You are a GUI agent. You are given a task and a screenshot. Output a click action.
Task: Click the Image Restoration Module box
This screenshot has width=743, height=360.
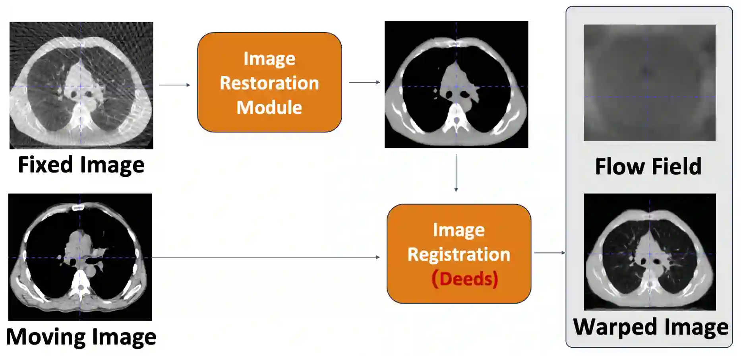[x=269, y=82]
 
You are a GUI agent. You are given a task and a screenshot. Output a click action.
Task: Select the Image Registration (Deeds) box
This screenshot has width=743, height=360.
[x=459, y=254]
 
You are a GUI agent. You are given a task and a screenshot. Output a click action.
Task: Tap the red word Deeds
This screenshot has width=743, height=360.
[x=464, y=279]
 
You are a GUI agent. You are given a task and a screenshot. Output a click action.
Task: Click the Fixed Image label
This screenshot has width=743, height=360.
[x=81, y=165]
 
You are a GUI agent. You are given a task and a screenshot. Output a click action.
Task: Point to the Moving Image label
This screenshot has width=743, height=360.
[x=81, y=337]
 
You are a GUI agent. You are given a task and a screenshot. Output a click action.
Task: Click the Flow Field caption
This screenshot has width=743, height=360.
[x=648, y=166]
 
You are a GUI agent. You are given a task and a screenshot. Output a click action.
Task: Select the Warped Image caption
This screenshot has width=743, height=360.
[x=650, y=327]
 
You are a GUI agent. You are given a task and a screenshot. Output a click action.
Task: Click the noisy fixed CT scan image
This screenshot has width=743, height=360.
[x=81, y=85]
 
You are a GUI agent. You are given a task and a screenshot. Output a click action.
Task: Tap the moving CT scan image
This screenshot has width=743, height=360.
[x=80, y=257]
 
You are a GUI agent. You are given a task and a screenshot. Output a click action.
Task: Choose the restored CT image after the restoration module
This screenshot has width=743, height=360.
[x=456, y=84]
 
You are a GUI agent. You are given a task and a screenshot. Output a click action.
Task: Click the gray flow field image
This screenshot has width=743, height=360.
[x=649, y=83]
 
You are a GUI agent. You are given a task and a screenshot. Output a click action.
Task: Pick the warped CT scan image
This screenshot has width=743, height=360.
[x=650, y=252]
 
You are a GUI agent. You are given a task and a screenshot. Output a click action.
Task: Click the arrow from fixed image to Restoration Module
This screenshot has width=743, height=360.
[x=174, y=85]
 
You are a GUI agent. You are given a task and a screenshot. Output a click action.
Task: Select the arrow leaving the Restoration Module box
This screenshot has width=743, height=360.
[x=364, y=82]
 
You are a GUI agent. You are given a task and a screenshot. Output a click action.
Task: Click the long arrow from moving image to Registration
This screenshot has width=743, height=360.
[x=265, y=257]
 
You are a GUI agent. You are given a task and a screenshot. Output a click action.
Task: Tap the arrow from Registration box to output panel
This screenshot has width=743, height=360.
[x=549, y=252]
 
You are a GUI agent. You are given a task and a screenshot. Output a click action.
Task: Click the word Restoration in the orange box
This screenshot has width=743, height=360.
[x=269, y=83]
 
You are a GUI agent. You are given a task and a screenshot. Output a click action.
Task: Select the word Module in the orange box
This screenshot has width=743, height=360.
[x=269, y=107]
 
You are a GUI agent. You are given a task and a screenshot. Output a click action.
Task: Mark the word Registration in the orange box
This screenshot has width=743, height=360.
[x=459, y=254]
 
